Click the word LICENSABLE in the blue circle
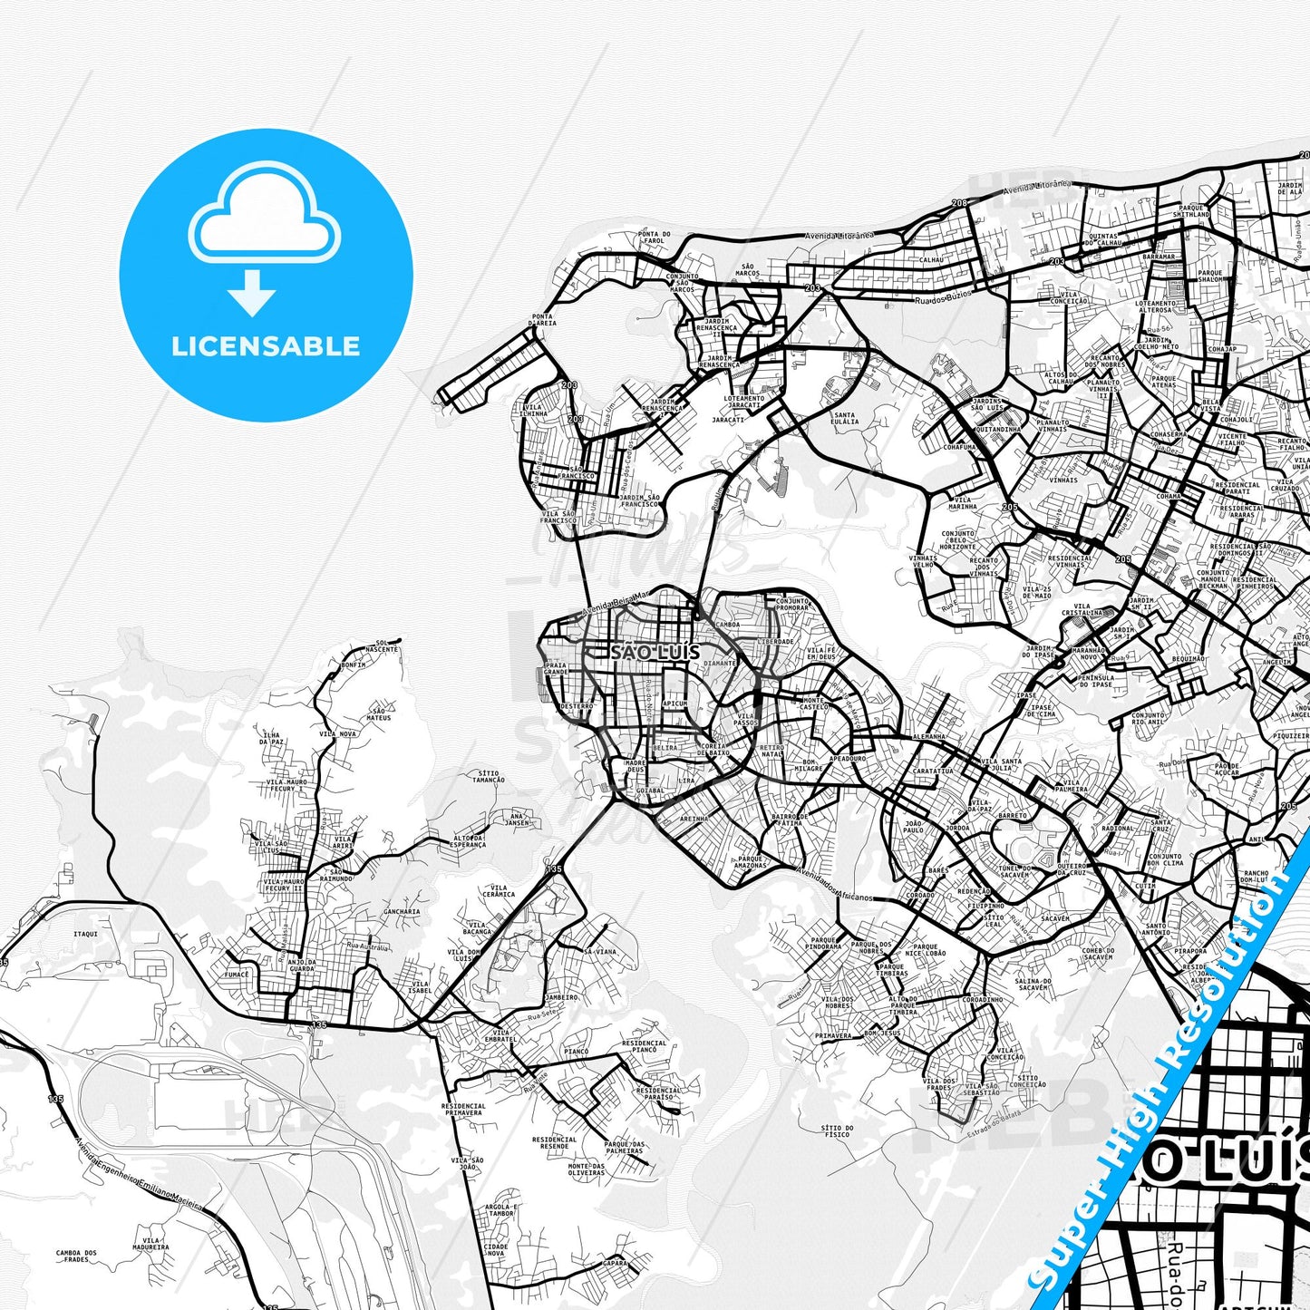(266, 346)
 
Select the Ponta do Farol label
(654, 238)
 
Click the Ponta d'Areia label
(543, 320)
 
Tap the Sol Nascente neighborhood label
(382, 645)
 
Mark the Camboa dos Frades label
(76, 1257)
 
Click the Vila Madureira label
(151, 1245)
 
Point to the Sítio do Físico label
(836, 1131)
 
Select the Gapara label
(615, 1263)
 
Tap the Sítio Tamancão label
(489, 777)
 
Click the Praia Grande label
(555, 668)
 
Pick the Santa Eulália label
(844, 418)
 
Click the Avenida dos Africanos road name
(834, 885)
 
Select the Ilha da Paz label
(271, 738)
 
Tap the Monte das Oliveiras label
(586, 1169)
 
